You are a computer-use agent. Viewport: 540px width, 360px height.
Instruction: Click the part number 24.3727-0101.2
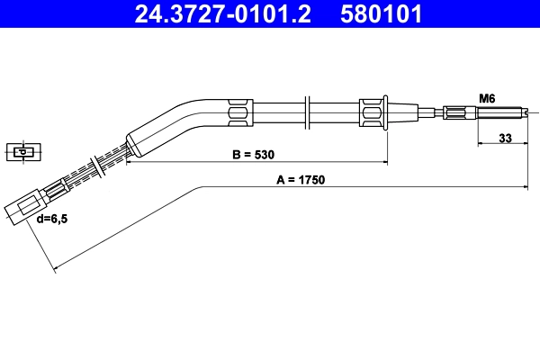(216, 14)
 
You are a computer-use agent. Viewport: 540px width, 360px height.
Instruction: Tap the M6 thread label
(487, 97)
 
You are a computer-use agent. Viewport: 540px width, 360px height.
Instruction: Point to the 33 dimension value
(505, 139)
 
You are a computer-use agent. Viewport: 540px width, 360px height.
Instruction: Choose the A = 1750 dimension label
(300, 179)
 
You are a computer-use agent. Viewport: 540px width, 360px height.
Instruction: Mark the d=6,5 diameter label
(51, 219)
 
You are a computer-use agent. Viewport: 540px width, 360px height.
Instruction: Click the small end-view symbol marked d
(22, 151)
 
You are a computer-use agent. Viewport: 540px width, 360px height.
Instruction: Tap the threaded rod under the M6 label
(498, 112)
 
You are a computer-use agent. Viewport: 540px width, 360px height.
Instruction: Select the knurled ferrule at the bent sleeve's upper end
(240, 112)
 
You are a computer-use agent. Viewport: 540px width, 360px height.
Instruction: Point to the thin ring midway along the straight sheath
(308, 112)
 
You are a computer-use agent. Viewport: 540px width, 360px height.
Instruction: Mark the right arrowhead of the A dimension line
(524, 186)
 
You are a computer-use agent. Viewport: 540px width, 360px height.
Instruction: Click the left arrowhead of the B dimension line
(129, 163)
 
